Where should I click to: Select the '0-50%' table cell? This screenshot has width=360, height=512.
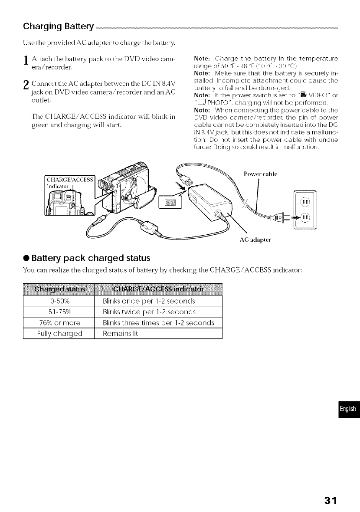click(x=59, y=301)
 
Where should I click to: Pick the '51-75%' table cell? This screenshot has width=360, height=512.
click(x=59, y=312)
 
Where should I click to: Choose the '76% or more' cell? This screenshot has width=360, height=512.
click(x=59, y=323)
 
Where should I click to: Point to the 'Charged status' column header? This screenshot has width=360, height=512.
click(x=59, y=289)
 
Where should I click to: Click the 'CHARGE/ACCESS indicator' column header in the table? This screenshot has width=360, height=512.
click(x=157, y=289)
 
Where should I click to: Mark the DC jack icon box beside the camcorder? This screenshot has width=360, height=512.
click(x=170, y=202)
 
